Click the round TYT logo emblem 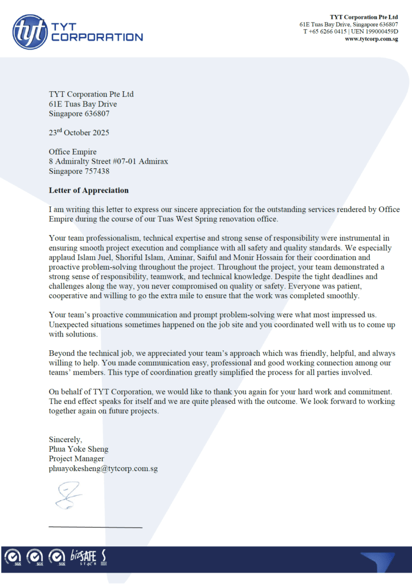coord(30,31)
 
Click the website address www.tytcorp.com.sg coord(371,39)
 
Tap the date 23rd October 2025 coord(79,132)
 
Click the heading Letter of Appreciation coord(88,190)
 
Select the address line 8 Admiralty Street coord(83,161)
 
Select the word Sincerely coord(65,439)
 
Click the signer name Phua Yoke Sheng coord(78,449)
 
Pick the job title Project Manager coord(76,459)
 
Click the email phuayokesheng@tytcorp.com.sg coord(103,468)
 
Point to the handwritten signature coord(67,495)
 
